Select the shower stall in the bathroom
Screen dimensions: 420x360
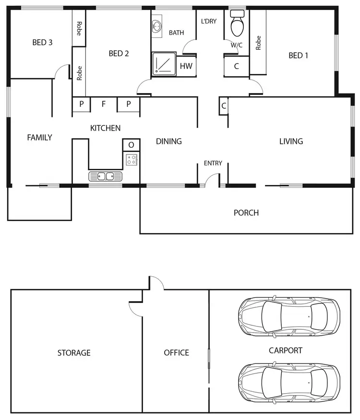[x=164, y=64]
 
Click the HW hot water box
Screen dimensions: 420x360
[x=186, y=66]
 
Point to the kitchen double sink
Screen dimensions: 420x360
[x=106, y=176]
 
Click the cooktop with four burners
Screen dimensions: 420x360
[x=132, y=160]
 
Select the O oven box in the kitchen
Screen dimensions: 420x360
[x=132, y=145]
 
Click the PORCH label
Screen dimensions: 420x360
[x=246, y=212]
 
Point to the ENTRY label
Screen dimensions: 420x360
[x=213, y=163]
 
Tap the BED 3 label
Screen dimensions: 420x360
[x=42, y=42]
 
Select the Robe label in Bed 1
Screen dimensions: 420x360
[x=258, y=43]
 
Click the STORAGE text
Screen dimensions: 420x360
[x=74, y=353]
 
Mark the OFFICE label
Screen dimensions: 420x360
[x=176, y=353]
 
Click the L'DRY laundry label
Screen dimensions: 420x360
[x=209, y=21]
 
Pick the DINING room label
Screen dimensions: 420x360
[x=168, y=141]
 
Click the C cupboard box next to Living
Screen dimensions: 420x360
[x=224, y=105]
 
